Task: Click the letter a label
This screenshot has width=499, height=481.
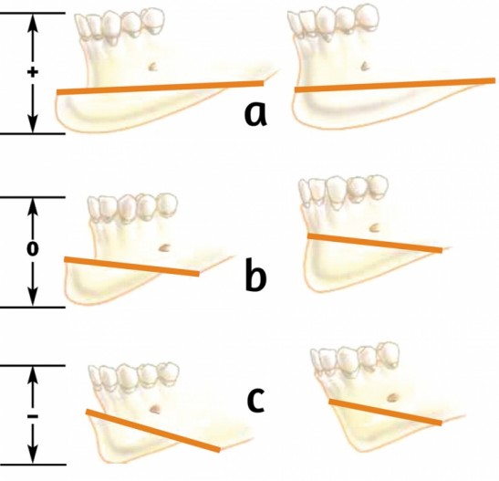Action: [255, 114]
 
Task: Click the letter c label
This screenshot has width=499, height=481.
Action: [256, 401]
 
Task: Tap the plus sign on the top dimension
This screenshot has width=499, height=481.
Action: [33, 73]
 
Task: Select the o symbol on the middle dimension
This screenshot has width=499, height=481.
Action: [33, 249]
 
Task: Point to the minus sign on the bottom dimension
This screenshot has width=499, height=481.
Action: [33, 416]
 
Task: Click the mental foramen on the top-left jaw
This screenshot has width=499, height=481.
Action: [152, 67]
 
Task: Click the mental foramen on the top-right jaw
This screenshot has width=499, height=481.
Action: [365, 66]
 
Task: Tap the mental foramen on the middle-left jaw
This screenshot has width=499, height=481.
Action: [164, 247]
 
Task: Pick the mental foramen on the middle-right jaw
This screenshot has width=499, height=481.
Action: [374, 227]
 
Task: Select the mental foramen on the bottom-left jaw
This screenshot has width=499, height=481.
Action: [156, 409]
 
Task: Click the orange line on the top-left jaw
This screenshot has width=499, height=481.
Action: [161, 88]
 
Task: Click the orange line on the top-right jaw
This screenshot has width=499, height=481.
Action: [395, 85]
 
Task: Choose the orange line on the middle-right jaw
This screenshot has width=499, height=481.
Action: [375, 243]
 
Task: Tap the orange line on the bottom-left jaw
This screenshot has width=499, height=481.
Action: [153, 431]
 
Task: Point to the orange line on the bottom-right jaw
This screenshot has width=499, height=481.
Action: [385, 413]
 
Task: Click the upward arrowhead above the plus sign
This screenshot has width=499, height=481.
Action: [33, 24]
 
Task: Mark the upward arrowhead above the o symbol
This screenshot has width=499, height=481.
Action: [33, 208]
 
